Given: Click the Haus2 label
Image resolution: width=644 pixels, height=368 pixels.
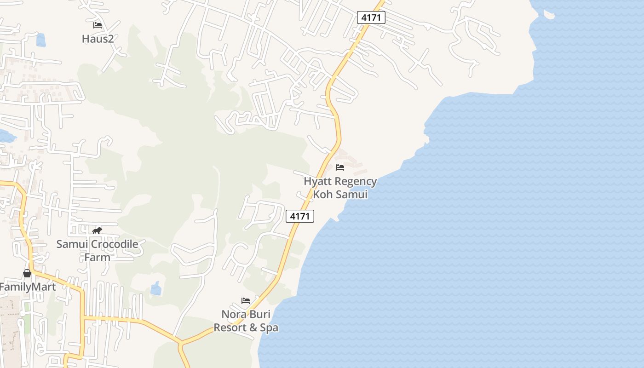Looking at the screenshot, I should pyautogui.click(x=98, y=39).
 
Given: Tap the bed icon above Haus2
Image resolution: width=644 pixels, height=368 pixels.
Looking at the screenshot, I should pyautogui.click(x=98, y=25).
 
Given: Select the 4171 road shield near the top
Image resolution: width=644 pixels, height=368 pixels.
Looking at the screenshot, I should pyautogui.click(x=371, y=17).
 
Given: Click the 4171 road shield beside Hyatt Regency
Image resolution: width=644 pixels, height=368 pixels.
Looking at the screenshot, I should pyautogui.click(x=300, y=216).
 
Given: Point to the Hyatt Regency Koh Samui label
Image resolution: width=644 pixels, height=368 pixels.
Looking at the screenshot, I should pyautogui.click(x=340, y=188).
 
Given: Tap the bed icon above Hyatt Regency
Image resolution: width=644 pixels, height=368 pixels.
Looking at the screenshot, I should pyautogui.click(x=340, y=167).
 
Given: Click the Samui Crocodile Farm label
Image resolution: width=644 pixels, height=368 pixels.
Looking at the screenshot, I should pyautogui.click(x=97, y=250).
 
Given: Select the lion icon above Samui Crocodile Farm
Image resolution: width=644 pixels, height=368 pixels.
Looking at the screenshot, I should pyautogui.click(x=97, y=230).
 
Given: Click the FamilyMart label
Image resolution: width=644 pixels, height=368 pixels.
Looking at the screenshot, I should pyautogui.click(x=28, y=287).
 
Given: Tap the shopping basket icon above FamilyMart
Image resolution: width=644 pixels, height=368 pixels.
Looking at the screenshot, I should pyautogui.click(x=27, y=273).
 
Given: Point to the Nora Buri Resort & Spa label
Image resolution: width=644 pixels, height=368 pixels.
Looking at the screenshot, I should pyautogui.click(x=246, y=321).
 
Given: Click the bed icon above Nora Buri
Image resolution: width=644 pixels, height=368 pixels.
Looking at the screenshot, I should pyautogui.click(x=246, y=301).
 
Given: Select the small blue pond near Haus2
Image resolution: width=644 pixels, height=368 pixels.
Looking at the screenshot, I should pyautogui.click(x=41, y=40).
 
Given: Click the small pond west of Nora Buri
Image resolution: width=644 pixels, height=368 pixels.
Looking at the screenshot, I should pyautogui.click(x=156, y=288).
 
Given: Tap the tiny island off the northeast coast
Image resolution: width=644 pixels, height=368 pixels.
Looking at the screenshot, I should pyautogui.click(x=549, y=15).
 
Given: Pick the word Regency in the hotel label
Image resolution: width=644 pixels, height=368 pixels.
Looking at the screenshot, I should pyautogui.click(x=357, y=182).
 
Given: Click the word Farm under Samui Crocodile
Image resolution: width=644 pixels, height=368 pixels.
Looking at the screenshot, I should pyautogui.click(x=97, y=257).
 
